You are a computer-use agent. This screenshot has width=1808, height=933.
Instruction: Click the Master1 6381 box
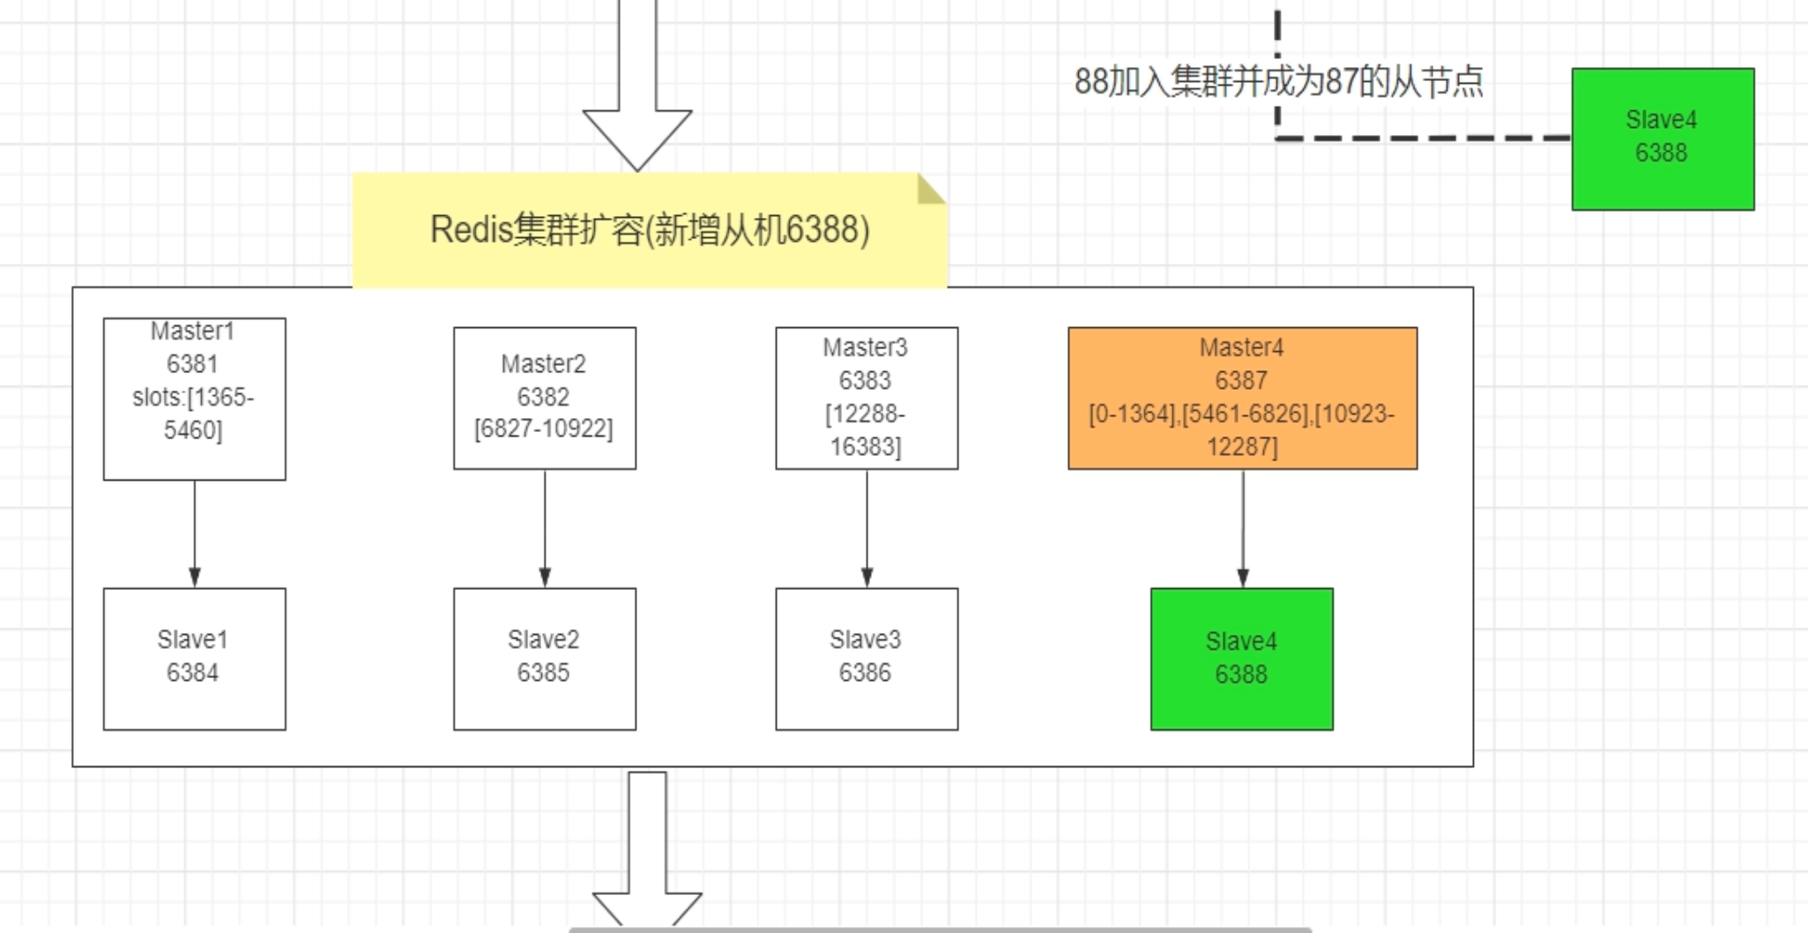(194, 399)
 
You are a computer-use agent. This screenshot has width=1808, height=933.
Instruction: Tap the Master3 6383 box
(866, 398)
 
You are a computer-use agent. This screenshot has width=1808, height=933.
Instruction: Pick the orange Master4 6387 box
(1241, 398)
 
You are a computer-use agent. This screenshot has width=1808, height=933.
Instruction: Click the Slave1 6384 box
(194, 658)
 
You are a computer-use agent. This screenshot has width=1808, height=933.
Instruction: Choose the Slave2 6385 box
(544, 658)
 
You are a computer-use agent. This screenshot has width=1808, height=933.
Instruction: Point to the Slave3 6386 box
(866, 658)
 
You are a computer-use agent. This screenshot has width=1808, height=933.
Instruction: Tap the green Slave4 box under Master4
(1241, 658)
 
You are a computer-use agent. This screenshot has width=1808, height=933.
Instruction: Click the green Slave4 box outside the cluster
(1662, 138)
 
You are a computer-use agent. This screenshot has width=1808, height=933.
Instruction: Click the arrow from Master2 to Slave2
(545, 529)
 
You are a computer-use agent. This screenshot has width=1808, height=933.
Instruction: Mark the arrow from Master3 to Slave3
(867, 529)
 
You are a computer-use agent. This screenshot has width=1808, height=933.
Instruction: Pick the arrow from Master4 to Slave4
(1243, 529)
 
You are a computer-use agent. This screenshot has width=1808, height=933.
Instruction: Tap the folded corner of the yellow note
(929, 190)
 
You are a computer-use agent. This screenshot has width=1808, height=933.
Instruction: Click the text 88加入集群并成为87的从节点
(1278, 81)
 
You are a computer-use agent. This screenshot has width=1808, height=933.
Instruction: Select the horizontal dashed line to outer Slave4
(1424, 138)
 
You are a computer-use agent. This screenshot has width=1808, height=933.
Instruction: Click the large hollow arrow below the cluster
(647, 847)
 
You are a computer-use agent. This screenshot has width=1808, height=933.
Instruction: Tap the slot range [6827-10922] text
(544, 429)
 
